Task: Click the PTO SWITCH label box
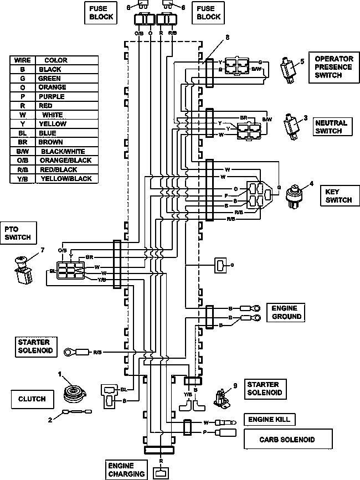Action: (18, 233)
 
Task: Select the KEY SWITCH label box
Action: (340, 195)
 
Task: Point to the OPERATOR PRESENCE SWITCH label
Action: (333, 67)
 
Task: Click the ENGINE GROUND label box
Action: (286, 312)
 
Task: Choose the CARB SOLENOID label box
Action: (288, 439)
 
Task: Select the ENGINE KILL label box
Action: (269, 420)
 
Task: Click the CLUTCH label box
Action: (32, 399)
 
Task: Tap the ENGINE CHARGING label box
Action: (126, 469)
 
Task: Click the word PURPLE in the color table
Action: (52, 97)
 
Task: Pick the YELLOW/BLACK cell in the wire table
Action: (66, 179)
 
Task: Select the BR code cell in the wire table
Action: (23, 142)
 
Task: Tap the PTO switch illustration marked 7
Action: (24, 270)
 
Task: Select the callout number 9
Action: (235, 386)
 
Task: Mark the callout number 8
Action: (228, 37)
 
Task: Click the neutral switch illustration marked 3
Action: (291, 127)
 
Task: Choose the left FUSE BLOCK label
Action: (101, 13)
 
